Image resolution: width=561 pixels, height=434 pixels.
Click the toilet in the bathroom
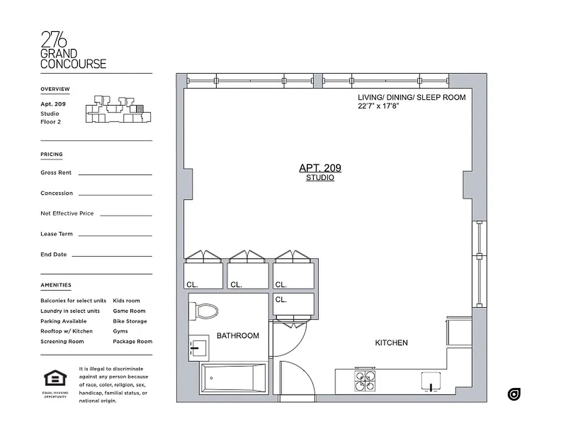[x=204, y=311]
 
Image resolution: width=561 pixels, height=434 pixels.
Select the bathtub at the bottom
[x=233, y=378]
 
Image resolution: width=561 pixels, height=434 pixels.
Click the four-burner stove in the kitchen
[x=365, y=380]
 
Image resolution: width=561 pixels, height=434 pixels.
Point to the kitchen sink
[x=431, y=381]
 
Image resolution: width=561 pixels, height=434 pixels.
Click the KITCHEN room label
[x=391, y=343]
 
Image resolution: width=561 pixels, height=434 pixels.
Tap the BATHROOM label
[x=238, y=336]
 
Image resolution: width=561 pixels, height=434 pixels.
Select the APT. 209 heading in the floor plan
[x=320, y=168]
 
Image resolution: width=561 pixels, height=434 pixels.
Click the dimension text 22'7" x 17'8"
[x=378, y=106]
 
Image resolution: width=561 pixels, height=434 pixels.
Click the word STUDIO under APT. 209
[x=320, y=178]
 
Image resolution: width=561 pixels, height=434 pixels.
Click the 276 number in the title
[x=54, y=40]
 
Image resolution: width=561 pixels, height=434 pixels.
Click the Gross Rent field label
[x=56, y=173]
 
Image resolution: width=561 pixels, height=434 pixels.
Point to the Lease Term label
[x=56, y=234]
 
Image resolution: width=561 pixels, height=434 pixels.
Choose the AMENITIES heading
[x=56, y=285]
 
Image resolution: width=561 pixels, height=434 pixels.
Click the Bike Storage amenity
[x=130, y=321]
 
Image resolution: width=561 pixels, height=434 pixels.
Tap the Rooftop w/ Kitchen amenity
[x=66, y=331]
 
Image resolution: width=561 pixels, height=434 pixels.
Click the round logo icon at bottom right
[x=514, y=394]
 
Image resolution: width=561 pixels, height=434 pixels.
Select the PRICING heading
[x=51, y=154]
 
